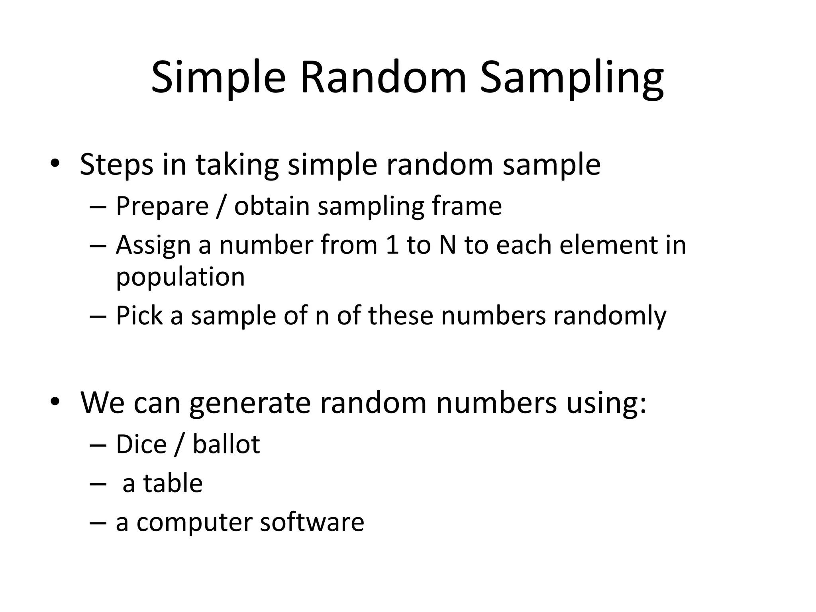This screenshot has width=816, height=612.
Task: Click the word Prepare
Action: point(162,206)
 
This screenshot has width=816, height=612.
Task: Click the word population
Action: point(180,277)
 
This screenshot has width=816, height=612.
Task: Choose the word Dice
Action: point(141,444)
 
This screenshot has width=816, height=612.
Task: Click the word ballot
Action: point(226,444)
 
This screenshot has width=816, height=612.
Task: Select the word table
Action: point(173,483)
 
